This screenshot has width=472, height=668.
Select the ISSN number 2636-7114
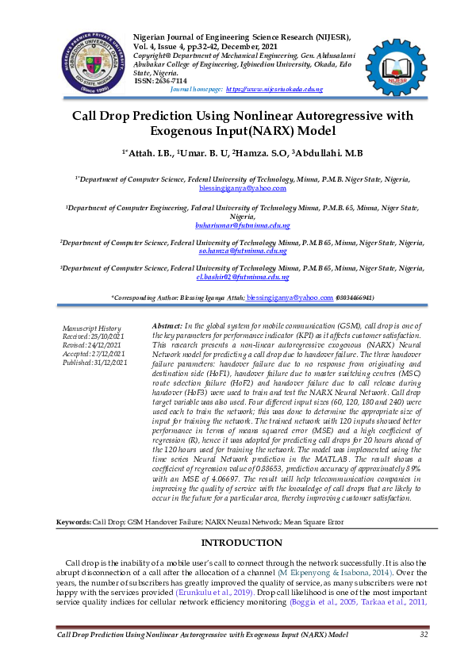click(172, 81)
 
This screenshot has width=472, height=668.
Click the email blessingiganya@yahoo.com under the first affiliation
click(243, 189)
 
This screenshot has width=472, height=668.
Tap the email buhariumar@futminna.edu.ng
click(243, 225)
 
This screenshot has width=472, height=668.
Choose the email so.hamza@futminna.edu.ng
click(243, 250)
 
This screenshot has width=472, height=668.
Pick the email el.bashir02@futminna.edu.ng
click(243, 277)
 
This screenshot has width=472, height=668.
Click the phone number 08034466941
click(355, 298)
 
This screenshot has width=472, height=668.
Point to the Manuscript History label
click(91, 328)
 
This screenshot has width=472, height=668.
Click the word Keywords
click(73, 524)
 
